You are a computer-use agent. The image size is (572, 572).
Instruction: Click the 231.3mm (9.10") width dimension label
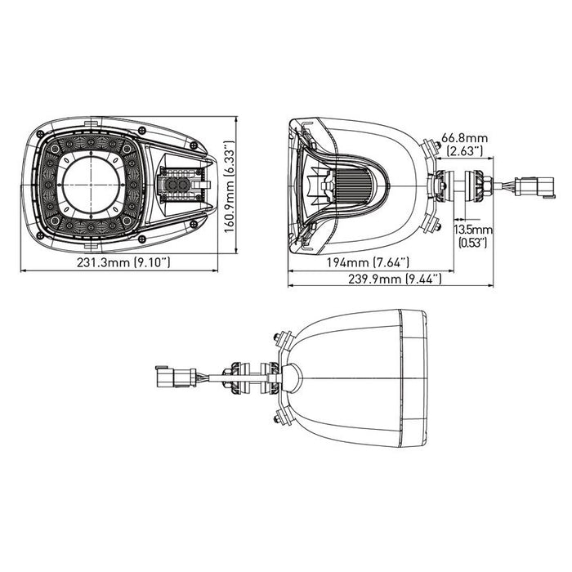(x=123, y=262)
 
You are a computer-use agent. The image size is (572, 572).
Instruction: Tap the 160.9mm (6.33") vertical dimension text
(x=229, y=187)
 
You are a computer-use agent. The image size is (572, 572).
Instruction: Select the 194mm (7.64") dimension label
(x=368, y=262)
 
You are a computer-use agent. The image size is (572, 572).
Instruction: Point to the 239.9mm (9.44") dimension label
(x=395, y=279)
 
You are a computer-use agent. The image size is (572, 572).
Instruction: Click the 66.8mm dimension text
(x=464, y=138)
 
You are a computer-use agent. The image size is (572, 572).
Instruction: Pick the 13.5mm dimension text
(x=473, y=230)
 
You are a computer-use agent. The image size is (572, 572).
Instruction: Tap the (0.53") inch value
(x=472, y=243)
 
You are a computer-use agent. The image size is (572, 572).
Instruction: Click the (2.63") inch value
(x=464, y=150)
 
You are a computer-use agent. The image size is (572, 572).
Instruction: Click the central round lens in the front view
(x=91, y=185)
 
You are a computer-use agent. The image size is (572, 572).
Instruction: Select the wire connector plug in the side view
(x=534, y=187)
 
